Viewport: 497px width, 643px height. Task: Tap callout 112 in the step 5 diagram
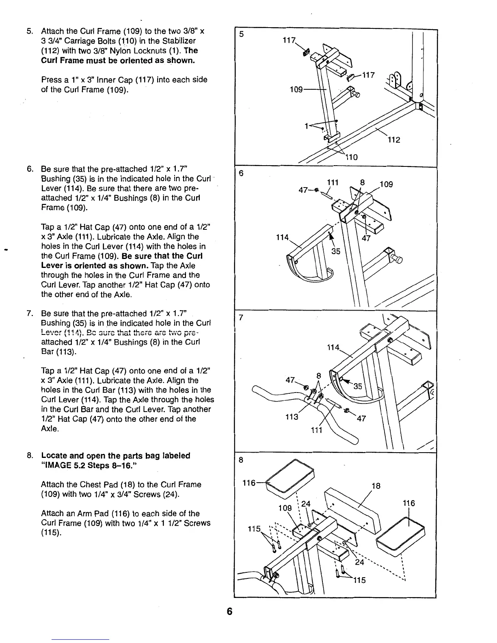point(393,140)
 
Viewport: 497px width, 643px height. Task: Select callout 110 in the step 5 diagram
point(351,157)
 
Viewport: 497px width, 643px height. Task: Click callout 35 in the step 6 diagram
point(336,251)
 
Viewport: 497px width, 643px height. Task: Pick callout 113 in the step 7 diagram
point(292,417)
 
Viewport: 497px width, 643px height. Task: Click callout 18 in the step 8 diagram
point(376,486)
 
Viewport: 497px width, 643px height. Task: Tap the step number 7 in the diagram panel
point(240,318)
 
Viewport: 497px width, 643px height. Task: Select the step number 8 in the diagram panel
point(241,460)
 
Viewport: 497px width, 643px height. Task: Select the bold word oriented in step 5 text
point(123,60)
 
